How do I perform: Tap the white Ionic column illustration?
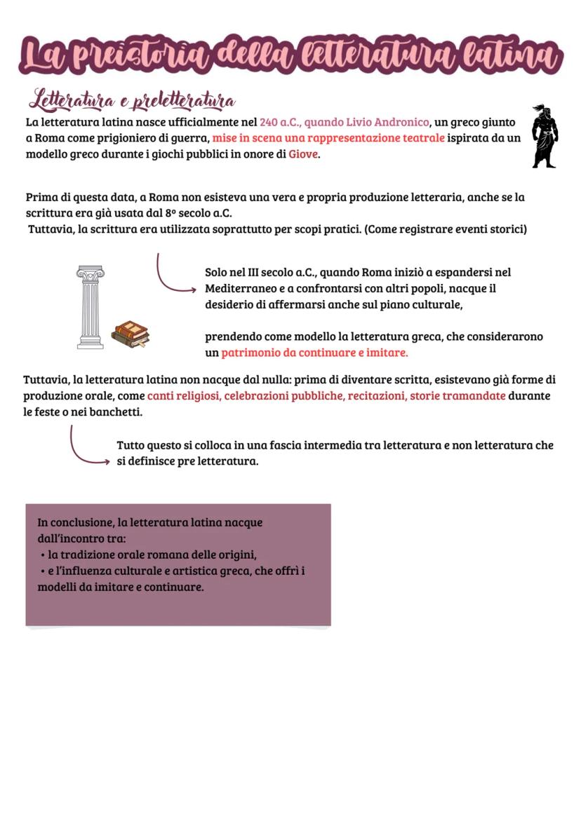[x=91, y=307]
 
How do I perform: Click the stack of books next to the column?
[x=131, y=334]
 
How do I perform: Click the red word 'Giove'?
[x=303, y=154]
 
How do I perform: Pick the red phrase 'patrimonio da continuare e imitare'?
[x=314, y=353]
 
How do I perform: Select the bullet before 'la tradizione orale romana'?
[x=44, y=555]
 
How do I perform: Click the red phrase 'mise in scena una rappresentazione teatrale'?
[x=328, y=138]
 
